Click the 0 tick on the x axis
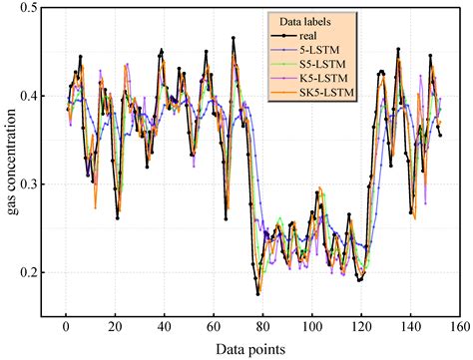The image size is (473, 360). click(x=65, y=326)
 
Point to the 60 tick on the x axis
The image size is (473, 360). click(x=213, y=326)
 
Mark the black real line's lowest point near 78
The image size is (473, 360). click(x=257, y=294)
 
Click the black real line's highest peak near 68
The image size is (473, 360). click(x=234, y=38)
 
